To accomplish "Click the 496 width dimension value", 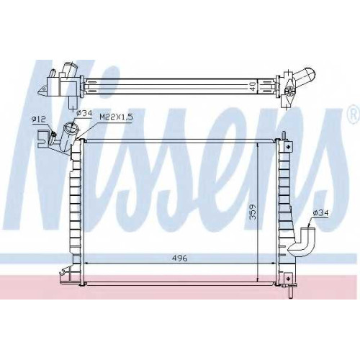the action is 179,258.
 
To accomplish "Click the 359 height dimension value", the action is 253,212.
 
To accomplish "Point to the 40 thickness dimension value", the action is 253,86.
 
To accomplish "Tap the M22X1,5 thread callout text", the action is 116,117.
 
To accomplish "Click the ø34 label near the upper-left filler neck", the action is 84,113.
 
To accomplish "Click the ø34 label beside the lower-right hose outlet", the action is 320,212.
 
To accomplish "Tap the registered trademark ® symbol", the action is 353,115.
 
